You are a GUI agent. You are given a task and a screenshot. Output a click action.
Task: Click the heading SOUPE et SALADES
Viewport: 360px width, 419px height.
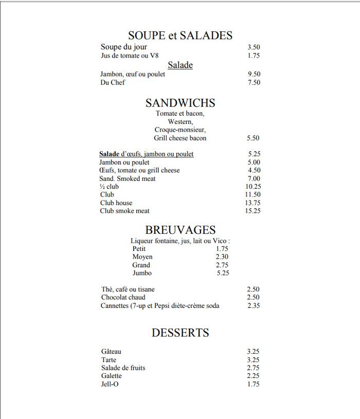[x=180, y=35]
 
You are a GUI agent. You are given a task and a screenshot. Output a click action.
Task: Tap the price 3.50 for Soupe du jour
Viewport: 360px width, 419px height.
[x=254, y=47]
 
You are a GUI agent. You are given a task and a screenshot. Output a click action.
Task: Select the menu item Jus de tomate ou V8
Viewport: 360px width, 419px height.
[x=130, y=56]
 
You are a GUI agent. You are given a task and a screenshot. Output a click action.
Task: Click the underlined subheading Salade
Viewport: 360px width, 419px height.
[x=180, y=65]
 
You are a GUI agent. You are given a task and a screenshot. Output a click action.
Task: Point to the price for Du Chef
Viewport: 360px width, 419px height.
[x=254, y=82]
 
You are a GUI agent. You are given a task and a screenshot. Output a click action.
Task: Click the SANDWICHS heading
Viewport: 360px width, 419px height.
[x=180, y=103]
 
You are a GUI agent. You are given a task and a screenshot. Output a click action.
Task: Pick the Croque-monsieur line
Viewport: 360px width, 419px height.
[x=180, y=130]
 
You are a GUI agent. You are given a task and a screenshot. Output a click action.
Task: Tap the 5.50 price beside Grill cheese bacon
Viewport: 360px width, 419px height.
[x=253, y=138]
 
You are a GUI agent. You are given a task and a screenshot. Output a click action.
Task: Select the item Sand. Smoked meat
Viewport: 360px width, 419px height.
[x=128, y=178]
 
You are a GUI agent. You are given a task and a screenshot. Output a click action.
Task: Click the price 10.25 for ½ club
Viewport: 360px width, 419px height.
[x=253, y=187]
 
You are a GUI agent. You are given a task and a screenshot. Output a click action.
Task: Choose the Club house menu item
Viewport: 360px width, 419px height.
[x=116, y=203]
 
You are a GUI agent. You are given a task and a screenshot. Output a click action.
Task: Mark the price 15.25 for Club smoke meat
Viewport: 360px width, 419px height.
[x=253, y=211]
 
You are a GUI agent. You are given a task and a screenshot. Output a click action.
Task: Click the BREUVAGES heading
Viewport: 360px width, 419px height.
[x=180, y=230]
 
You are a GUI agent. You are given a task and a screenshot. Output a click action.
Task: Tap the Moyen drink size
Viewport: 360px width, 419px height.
[x=142, y=257]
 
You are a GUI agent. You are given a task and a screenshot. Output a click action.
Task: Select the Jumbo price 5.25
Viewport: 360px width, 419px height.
[x=223, y=273]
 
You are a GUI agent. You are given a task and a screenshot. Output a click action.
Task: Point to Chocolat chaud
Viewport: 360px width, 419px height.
[x=123, y=297]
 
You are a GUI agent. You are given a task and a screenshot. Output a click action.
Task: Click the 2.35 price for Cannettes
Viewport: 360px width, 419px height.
[x=254, y=305]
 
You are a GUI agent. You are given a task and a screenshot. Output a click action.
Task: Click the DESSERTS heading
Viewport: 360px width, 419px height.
[x=180, y=333]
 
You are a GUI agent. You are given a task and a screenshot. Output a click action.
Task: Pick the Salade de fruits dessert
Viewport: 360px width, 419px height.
[x=123, y=368]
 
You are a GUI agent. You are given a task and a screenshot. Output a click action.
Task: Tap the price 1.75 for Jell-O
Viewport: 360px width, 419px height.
[x=253, y=384]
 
